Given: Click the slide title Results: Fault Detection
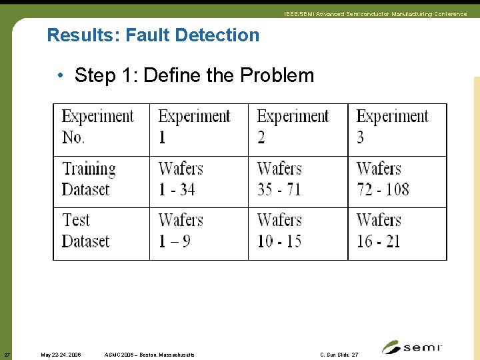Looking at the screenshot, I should [x=153, y=35].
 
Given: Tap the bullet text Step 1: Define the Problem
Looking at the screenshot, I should [x=194, y=75].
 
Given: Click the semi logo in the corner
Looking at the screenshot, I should [x=411, y=347].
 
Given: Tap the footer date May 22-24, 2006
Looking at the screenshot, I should [x=61, y=355].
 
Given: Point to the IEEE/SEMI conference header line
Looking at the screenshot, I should [x=375, y=14].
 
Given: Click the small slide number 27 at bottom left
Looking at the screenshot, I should [x=7, y=355].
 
